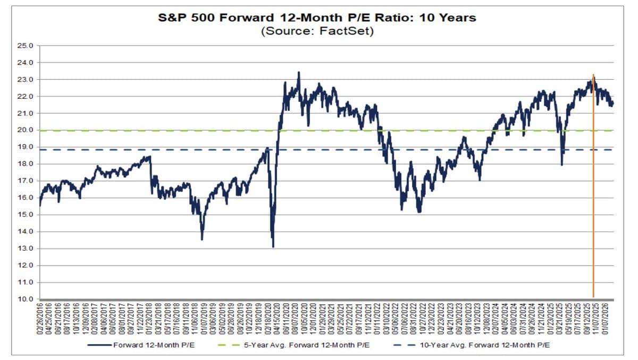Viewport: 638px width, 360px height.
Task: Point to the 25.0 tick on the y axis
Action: pyautogui.click(x=26, y=46)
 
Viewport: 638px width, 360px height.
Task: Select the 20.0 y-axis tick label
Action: pyautogui.click(x=26, y=130)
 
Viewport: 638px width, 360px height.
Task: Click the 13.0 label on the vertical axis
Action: pyautogui.click(x=26, y=248)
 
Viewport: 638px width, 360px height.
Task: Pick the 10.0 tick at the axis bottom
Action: pyautogui.click(x=26, y=299)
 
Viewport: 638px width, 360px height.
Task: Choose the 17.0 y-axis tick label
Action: pyautogui.click(x=26, y=181)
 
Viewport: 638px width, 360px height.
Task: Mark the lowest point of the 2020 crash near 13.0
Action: pyautogui.click(x=273, y=247)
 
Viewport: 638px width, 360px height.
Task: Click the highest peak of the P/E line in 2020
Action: pyautogui.click(x=299, y=72)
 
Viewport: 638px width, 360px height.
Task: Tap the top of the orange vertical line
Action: pyautogui.click(x=593, y=75)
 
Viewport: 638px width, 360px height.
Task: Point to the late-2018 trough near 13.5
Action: pyautogui.click(x=202, y=239)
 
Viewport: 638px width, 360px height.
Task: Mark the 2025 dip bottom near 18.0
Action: pyautogui.click(x=561, y=165)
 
